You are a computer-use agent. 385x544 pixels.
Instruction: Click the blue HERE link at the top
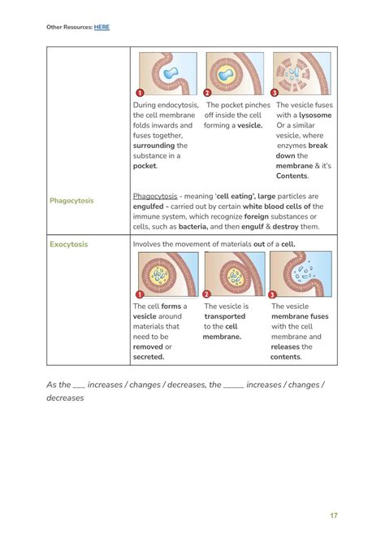[102, 27]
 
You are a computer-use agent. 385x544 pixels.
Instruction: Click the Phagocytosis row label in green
[71, 200]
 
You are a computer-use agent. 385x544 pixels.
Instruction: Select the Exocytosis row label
[69, 244]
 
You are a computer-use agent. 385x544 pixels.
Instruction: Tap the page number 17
[333, 516]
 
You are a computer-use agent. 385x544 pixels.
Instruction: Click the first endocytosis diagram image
[168, 74]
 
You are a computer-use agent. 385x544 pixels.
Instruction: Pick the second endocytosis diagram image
[235, 74]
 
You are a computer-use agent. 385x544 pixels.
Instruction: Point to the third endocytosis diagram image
[301, 74]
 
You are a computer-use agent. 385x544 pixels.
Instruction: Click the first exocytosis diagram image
[168, 274]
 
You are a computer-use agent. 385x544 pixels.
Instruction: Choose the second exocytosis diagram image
[235, 274]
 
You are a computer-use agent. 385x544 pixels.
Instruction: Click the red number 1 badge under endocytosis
[140, 94]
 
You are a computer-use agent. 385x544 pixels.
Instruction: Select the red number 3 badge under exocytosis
[273, 294]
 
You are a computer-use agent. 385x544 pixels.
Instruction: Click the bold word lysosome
[315, 115]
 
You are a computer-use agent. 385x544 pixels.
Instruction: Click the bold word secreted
[149, 356]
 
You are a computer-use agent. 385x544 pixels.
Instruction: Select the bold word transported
[224, 316]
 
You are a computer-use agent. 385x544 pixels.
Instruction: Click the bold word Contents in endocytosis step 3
[292, 176]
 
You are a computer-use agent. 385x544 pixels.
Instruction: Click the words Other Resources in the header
[68, 27]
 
